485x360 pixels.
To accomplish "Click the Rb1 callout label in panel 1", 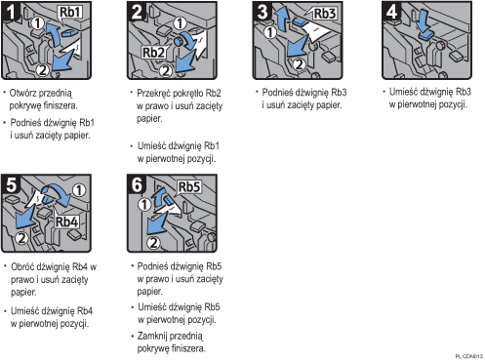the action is point(69,13).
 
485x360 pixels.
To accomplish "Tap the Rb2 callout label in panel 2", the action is point(154,53).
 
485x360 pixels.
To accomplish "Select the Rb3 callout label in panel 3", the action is point(324,14).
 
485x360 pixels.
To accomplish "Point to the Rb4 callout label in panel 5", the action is point(66,221).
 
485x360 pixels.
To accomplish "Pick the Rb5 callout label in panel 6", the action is point(189,187).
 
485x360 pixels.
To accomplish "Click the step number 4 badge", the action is point(391,12).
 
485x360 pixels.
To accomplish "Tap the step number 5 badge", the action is point(11,184).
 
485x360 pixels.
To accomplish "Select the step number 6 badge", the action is point(137,184).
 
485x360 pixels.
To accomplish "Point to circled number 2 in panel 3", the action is point(299,64).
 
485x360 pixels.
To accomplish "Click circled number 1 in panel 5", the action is point(79,190).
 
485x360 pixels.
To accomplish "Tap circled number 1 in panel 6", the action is point(144,205).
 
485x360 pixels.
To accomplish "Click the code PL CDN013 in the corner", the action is point(469,357).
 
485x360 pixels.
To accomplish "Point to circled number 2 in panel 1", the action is point(43,69).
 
